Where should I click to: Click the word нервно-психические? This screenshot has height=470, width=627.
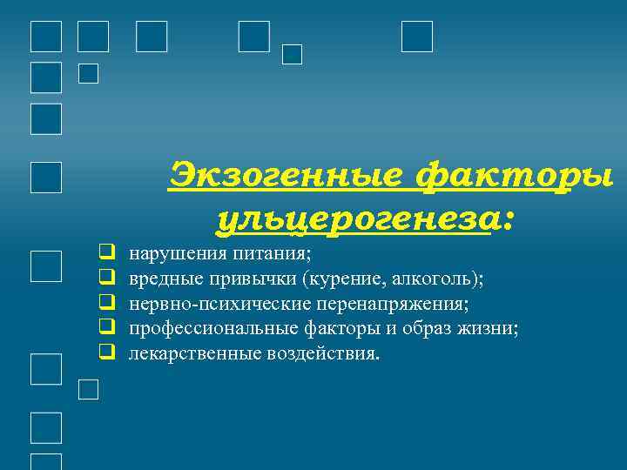[x=219, y=304]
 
